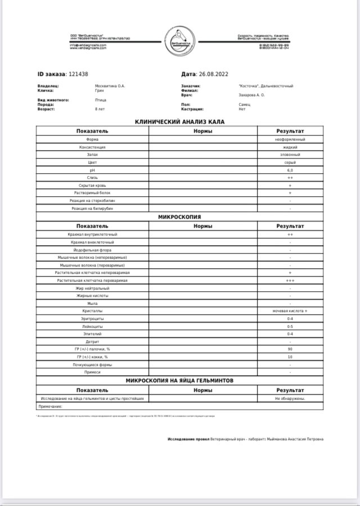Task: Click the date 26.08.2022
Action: [213, 74]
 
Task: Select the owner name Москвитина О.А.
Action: [110, 86]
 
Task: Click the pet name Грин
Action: [100, 91]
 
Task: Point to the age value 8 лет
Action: [100, 109]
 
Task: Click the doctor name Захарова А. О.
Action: [251, 95]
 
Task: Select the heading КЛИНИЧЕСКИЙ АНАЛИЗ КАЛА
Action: [180, 122]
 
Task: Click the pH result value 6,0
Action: [290, 170]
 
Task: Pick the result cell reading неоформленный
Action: [290, 139]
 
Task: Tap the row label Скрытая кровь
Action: [93, 185]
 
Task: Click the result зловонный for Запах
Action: [290, 154]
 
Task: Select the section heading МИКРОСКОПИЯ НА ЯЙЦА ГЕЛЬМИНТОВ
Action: [180, 381]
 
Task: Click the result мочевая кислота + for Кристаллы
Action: [290, 311]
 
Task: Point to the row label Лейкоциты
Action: [93, 326]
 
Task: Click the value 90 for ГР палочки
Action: [290, 349]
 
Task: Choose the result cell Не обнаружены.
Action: [290, 398]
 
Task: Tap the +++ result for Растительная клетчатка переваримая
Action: [290, 280]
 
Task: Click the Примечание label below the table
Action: [50, 406]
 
